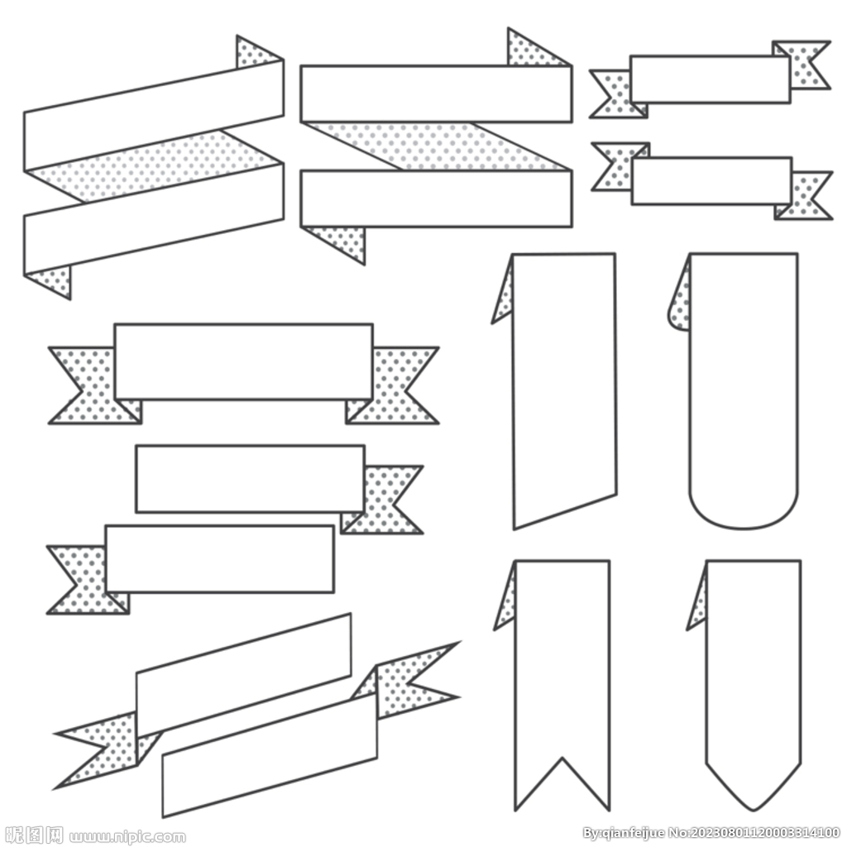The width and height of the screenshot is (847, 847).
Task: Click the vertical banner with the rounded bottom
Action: coord(744,389)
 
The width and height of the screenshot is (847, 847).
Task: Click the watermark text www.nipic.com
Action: coord(127,837)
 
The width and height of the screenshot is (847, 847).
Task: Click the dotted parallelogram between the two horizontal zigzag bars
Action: coord(437,146)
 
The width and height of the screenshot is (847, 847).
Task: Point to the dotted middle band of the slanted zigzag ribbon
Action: coord(154,165)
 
